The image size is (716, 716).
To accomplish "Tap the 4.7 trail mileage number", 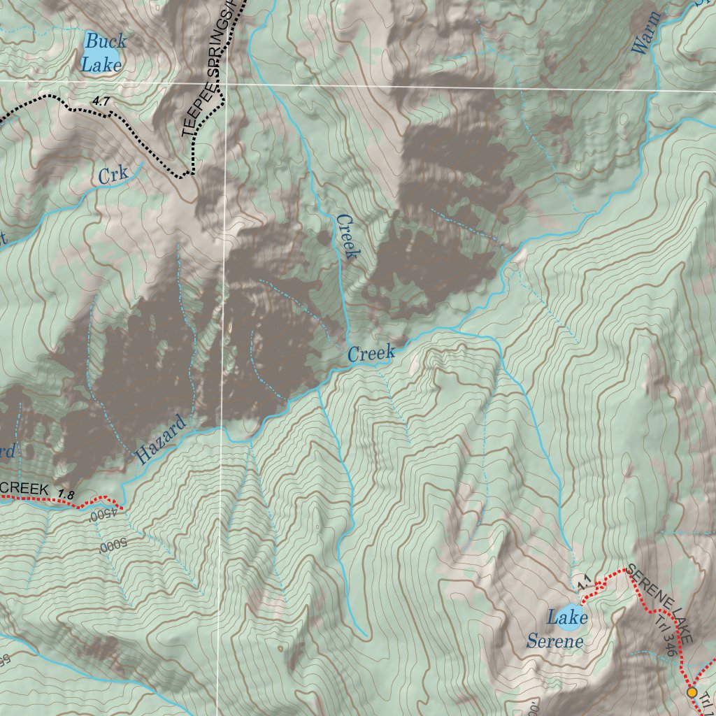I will point(101,102).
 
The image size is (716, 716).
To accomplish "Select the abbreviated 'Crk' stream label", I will point(113,176).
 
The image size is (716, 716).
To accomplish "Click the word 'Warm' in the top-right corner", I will point(645,32).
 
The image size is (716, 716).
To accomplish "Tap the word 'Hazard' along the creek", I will point(162,440).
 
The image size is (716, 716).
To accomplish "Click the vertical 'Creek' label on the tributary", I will point(348,237).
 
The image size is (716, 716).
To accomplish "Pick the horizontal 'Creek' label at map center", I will point(371,353).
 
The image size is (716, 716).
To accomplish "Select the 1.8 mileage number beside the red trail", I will point(66,494).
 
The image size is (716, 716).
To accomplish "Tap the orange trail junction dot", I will point(692,692).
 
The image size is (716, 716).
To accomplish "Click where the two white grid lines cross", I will point(224,82).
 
